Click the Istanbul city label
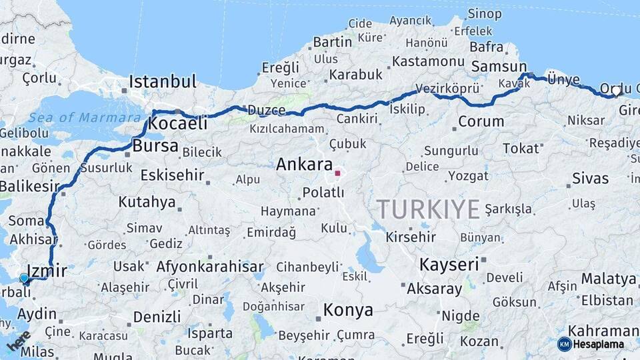[x=163, y=82]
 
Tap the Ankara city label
[x=304, y=164]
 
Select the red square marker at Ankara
[x=337, y=173]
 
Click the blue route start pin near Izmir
[x=24, y=278]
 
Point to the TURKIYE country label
[x=428, y=209]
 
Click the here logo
[x=19, y=341]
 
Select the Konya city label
[x=347, y=310]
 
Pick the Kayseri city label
[x=449, y=265]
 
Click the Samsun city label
[x=499, y=67]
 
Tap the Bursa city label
[x=155, y=145]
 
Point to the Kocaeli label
[x=177, y=123]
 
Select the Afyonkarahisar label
[x=210, y=267]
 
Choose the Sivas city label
[x=590, y=179]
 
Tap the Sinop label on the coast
[x=484, y=13]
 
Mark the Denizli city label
[x=157, y=317]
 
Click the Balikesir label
[x=25, y=186]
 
